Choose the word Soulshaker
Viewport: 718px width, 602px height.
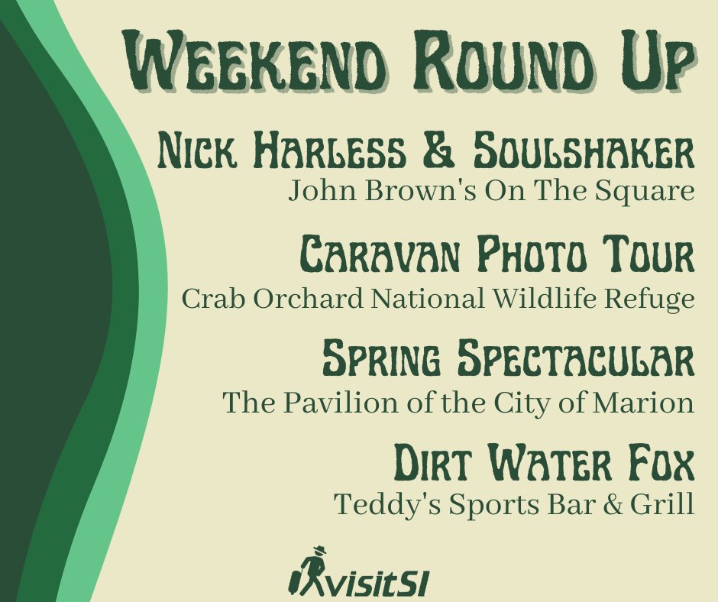click(584, 152)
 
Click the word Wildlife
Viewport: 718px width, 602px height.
click(560, 298)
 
